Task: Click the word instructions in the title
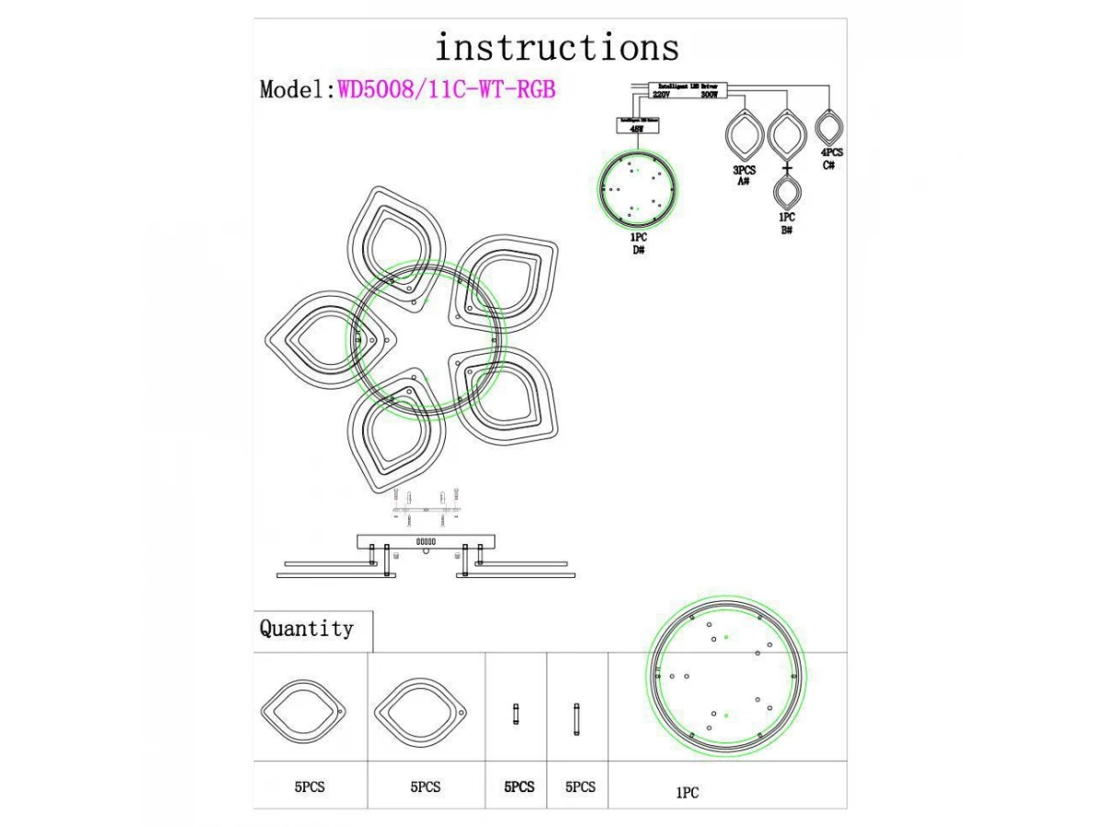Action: [x=557, y=46]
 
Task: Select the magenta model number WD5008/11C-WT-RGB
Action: [x=447, y=89]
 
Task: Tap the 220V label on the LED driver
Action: [x=662, y=95]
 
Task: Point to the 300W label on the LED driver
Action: [x=709, y=95]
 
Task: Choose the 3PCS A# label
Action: [x=744, y=176]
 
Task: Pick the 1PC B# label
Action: [x=787, y=223]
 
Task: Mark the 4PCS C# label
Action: [x=831, y=158]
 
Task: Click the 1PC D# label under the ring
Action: [x=638, y=243]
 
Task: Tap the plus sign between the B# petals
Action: [x=787, y=169]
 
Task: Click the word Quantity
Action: [x=306, y=629]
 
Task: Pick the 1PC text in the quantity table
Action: [x=688, y=792]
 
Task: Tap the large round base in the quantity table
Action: [x=726, y=675]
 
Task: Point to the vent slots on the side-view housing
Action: [x=426, y=542]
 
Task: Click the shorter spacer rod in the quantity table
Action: [x=516, y=714]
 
